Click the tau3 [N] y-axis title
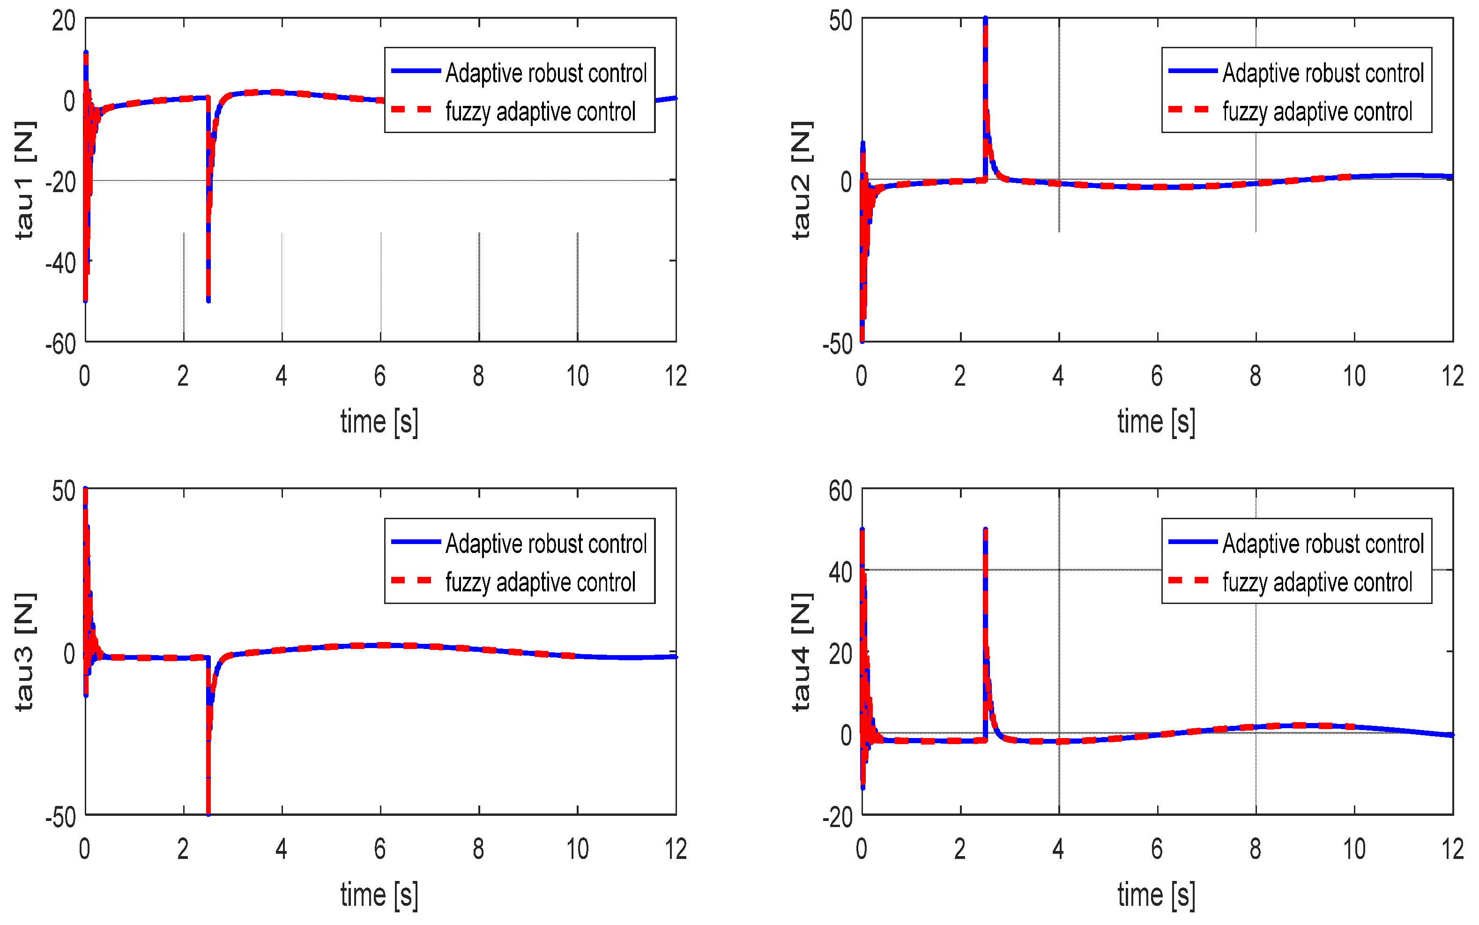pos(24,651)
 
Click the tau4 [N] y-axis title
pos(801,651)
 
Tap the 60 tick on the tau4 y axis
pos(840,491)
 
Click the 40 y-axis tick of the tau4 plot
pos(840,573)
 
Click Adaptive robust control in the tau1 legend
pos(546,73)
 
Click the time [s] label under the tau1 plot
pos(379,422)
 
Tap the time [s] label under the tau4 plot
pos(1156,895)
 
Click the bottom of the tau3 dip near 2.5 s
pos(208,813)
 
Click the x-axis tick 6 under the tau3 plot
pos(380,849)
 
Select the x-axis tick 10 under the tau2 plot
pos(1353,376)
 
